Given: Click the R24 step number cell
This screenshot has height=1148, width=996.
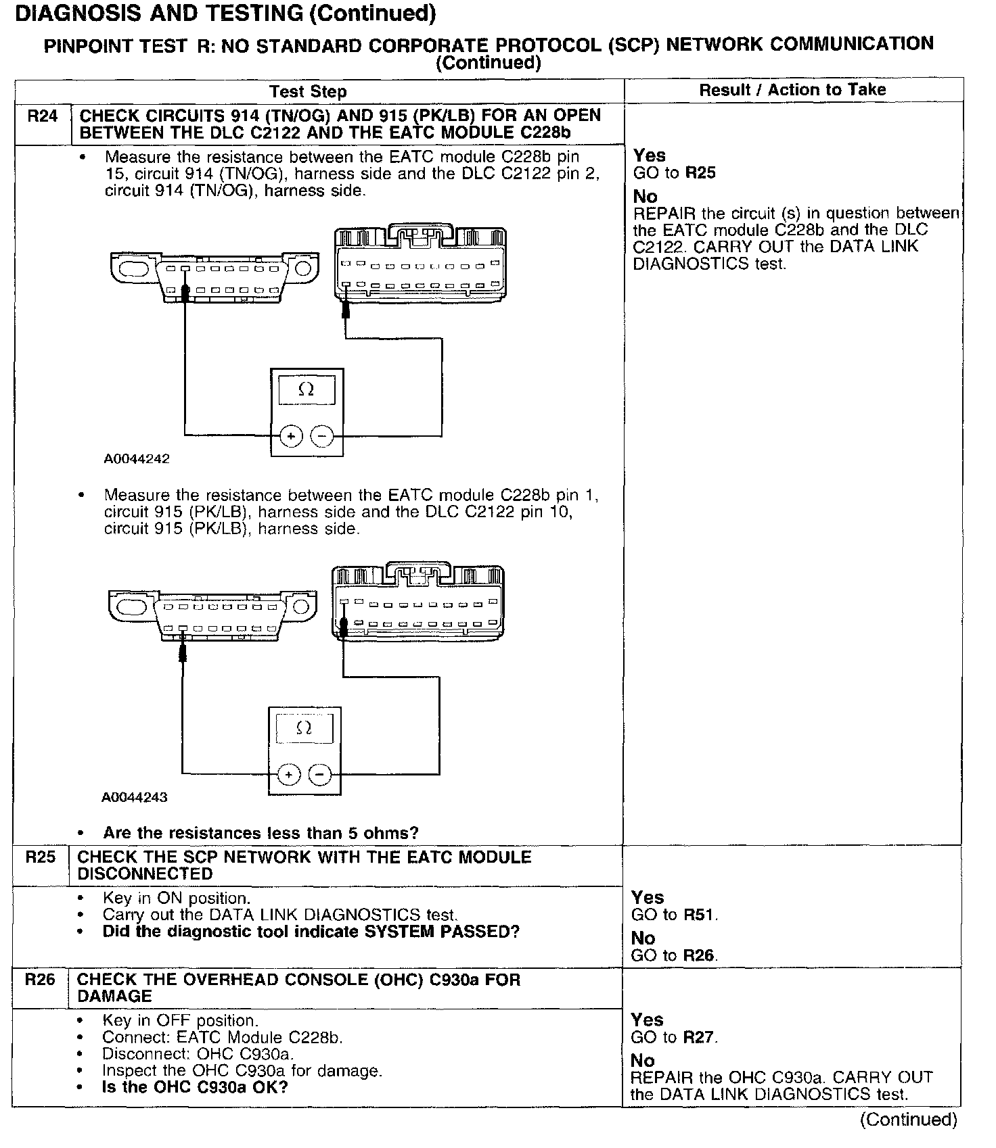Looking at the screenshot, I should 42,116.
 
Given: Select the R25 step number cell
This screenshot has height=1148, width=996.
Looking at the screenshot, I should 40,858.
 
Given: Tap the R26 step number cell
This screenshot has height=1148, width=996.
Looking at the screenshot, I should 40,980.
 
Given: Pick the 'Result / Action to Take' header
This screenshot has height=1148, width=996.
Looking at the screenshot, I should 792,90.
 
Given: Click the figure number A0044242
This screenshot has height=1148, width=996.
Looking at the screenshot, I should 137,459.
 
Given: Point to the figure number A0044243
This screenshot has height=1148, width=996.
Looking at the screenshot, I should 135,797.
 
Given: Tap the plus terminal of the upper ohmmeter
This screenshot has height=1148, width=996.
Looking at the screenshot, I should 291,437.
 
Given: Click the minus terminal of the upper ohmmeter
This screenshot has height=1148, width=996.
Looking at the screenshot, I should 322,437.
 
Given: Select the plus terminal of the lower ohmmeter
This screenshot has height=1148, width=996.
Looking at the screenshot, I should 289,774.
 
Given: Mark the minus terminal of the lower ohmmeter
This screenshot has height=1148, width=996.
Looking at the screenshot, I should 320,774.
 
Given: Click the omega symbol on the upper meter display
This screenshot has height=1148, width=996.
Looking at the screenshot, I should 307,390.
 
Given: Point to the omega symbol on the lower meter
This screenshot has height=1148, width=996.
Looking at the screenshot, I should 304,728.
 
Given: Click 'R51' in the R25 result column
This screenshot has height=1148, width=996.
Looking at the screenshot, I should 698,915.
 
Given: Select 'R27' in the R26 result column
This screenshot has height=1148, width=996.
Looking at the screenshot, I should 698,1037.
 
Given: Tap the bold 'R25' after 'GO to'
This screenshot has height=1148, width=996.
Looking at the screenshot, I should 700,173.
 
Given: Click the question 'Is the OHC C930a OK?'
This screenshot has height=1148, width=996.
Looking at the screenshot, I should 195,1087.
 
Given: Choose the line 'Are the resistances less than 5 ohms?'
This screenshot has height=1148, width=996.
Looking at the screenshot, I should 261,833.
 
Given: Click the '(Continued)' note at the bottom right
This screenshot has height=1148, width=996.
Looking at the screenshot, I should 908,1120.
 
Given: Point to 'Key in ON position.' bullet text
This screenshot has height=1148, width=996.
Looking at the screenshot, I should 176,899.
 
